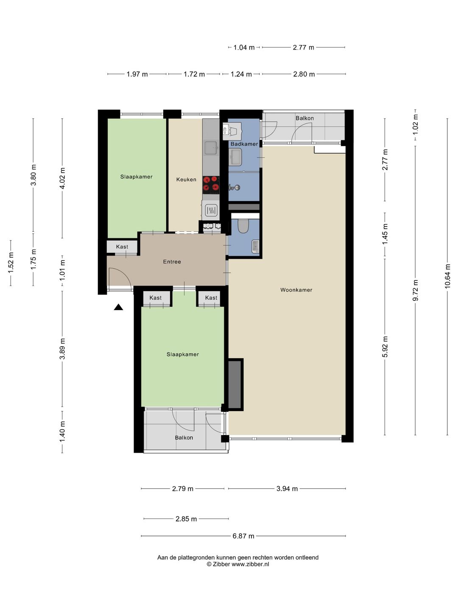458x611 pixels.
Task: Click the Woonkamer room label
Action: (x=296, y=290)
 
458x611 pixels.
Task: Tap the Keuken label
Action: (x=186, y=179)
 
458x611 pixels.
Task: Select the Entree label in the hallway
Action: (x=172, y=262)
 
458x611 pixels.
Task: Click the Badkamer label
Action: (x=244, y=144)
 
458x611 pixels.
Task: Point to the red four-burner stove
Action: (x=211, y=185)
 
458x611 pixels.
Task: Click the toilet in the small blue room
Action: (x=243, y=226)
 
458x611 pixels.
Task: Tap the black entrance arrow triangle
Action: (x=118, y=307)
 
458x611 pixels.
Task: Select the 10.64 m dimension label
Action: (x=447, y=276)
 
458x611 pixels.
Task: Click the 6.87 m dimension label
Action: (x=243, y=536)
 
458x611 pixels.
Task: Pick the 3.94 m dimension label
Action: (x=287, y=488)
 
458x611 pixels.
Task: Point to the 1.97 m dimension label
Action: (x=137, y=74)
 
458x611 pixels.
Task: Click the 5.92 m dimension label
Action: (x=385, y=347)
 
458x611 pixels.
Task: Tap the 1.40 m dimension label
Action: (x=62, y=431)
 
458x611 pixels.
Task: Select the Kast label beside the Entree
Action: (x=122, y=247)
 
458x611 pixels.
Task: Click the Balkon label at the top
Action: (x=305, y=118)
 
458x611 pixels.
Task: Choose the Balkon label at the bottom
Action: (x=184, y=437)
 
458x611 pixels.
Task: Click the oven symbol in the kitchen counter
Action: (x=211, y=211)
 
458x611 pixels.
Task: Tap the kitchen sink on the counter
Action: (x=211, y=148)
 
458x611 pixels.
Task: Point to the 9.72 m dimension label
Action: (x=415, y=290)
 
